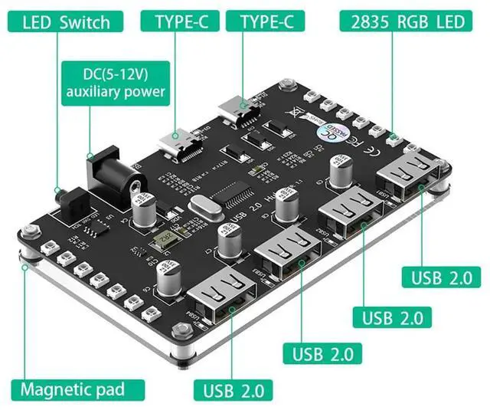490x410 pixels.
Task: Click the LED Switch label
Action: click(x=66, y=21)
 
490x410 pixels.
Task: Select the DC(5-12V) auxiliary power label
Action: click(x=122, y=83)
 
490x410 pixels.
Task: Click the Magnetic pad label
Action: click(x=72, y=389)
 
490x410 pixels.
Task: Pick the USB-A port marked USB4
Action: click(x=224, y=299)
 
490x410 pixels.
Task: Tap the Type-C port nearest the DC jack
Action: click(x=175, y=144)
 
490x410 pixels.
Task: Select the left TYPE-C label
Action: click(x=181, y=21)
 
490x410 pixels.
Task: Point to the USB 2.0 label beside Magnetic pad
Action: click(x=237, y=389)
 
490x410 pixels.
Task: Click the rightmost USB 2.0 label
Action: click(x=441, y=277)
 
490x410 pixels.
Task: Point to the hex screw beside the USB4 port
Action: click(x=182, y=330)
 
